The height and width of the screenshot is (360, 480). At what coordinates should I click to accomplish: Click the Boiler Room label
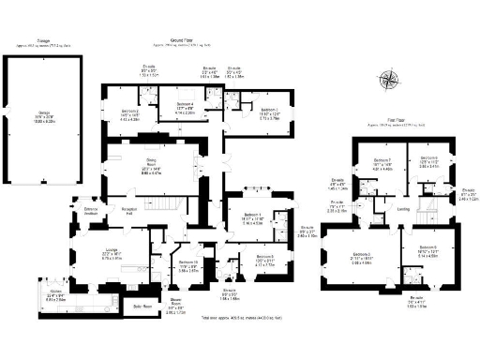click(142, 306)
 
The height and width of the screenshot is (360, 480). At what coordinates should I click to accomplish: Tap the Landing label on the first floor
click(404, 208)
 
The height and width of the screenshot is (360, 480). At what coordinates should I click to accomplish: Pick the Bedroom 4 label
click(185, 105)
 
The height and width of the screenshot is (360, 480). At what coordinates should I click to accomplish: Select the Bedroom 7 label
click(382, 160)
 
